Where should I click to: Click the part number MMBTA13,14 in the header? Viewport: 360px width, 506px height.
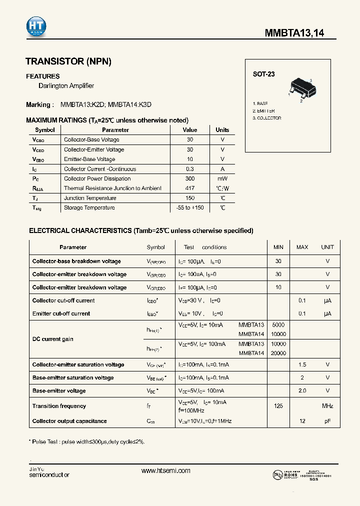(x=294, y=33)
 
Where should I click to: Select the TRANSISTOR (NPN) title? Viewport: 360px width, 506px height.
(x=68, y=61)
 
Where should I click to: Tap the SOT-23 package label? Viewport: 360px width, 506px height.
(x=263, y=74)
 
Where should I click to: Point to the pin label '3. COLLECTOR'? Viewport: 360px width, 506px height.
(x=266, y=118)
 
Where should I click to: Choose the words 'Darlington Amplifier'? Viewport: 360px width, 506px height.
(x=66, y=86)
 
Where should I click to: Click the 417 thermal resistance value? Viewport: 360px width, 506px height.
(x=190, y=188)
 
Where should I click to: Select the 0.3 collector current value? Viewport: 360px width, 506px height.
(x=190, y=169)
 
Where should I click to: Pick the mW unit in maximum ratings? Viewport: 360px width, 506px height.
(x=222, y=178)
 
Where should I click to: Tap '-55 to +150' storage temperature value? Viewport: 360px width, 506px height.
(x=190, y=207)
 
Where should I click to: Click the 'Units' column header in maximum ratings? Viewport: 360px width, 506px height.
(x=222, y=130)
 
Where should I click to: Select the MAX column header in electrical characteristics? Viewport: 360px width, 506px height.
(x=302, y=247)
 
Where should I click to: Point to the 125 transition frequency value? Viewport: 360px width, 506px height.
(x=278, y=406)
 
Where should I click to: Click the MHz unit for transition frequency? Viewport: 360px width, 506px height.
(x=327, y=406)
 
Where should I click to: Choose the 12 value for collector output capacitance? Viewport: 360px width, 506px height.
(x=302, y=421)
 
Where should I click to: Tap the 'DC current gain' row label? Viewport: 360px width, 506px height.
(x=52, y=339)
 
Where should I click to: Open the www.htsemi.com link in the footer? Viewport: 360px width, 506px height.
(x=166, y=470)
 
